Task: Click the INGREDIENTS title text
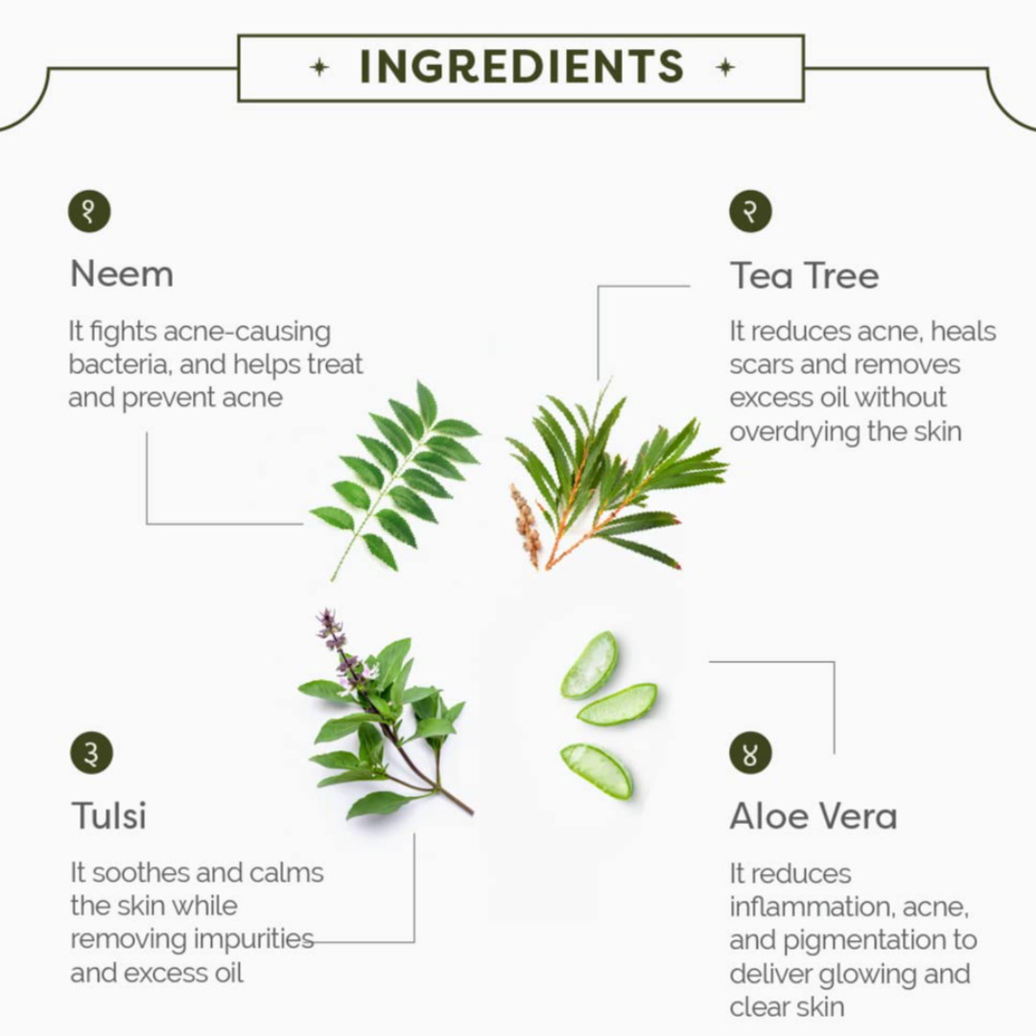[x=521, y=67]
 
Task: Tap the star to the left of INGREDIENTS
[x=319, y=67]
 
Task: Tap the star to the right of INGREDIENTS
[x=725, y=67]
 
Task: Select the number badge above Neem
[x=89, y=211]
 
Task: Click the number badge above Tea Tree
[x=750, y=211]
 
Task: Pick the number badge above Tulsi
[x=92, y=753]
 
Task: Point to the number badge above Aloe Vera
[x=750, y=753]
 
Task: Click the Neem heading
[x=122, y=274]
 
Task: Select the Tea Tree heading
[x=805, y=275]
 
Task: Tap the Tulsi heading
[x=109, y=816]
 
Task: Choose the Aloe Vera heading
[x=814, y=816]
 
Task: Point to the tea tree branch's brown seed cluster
[x=527, y=526]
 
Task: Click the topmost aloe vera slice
[x=589, y=665]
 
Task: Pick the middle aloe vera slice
[x=618, y=704]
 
